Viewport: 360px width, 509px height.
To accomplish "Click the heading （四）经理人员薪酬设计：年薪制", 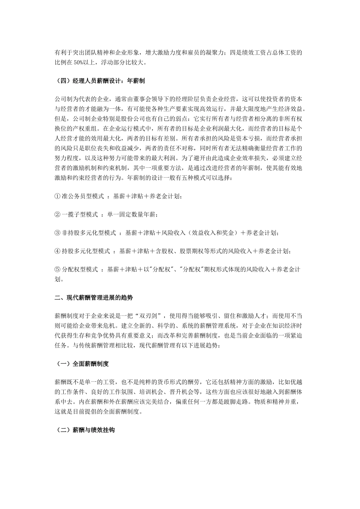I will click(x=100, y=81).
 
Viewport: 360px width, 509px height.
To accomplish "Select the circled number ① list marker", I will click(x=58, y=196).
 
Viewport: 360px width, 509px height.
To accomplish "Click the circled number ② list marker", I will click(x=58, y=214).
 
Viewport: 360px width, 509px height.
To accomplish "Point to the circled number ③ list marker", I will click(x=58, y=233).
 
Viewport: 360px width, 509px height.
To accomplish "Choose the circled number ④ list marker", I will click(x=58, y=251).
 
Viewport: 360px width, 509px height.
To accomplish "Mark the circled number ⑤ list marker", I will click(x=58, y=269).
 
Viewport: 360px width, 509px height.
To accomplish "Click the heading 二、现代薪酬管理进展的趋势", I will click(x=94, y=298).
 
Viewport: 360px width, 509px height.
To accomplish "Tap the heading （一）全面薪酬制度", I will click(x=82, y=364).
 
